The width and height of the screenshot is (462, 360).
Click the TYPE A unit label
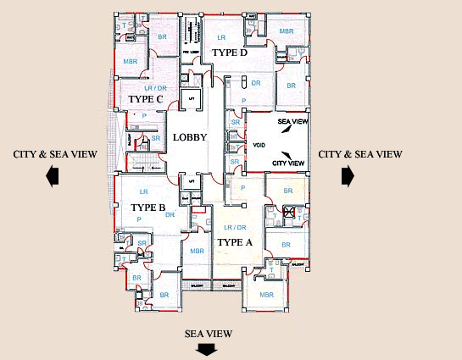point(236,242)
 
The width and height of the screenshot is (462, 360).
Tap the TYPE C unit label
point(146,99)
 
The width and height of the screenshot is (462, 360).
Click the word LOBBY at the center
point(190,137)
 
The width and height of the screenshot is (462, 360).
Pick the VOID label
point(259,147)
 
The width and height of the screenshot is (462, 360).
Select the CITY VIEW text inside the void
point(287,163)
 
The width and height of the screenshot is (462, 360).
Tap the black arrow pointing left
point(53,175)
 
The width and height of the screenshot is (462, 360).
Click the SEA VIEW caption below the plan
point(209,334)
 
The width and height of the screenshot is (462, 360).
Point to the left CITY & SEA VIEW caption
point(55,154)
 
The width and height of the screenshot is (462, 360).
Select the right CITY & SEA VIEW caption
point(359,154)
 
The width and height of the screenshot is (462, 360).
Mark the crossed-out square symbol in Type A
point(289,213)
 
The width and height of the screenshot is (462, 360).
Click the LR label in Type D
point(220,38)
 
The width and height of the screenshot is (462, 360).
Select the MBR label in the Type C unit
point(130,62)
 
